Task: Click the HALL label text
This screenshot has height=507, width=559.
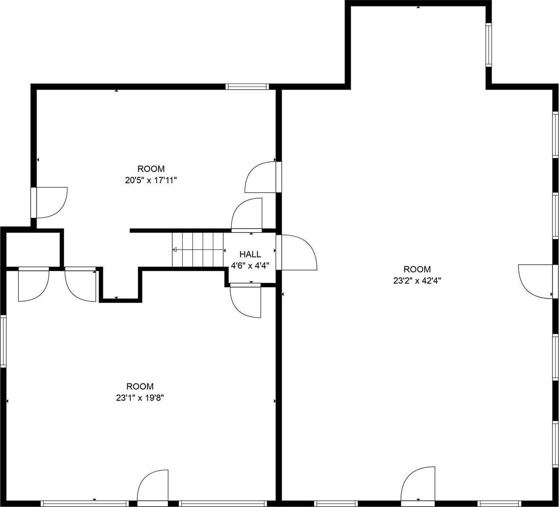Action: (x=250, y=254)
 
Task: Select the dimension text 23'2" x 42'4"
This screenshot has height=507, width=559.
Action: (x=417, y=280)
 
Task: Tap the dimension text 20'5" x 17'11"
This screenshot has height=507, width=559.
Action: (x=151, y=180)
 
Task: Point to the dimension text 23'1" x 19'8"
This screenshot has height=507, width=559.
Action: (x=140, y=398)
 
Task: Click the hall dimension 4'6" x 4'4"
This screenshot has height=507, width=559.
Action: (x=250, y=266)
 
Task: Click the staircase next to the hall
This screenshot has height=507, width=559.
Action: (x=198, y=249)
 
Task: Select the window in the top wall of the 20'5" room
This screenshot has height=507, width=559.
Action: (x=247, y=86)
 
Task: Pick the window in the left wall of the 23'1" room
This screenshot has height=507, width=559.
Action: (x=3, y=341)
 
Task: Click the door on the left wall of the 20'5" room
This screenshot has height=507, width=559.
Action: (x=49, y=203)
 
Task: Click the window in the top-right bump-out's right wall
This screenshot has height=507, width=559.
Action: (x=488, y=44)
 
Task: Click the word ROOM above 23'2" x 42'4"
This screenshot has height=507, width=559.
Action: (x=417, y=269)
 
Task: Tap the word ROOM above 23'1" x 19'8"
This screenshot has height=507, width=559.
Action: (x=140, y=386)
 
